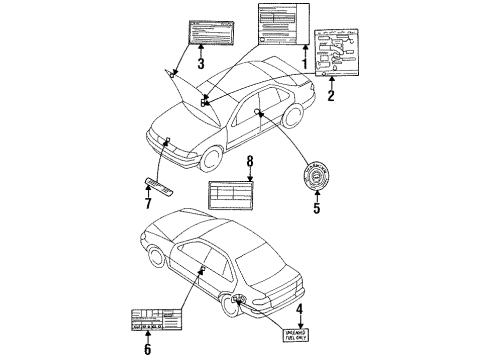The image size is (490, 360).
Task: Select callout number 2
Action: pyautogui.click(x=330, y=97)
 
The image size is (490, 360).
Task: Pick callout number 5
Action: pyautogui.click(x=316, y=208)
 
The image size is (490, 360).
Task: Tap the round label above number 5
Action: pyautogui.click(x=317, y=177)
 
